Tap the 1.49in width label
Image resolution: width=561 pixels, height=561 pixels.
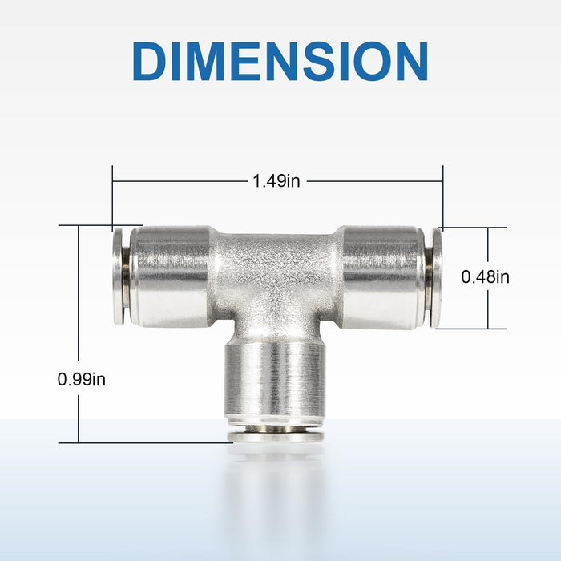[x=276, y=181]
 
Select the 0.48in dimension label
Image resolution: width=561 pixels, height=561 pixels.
[x=486, y=277]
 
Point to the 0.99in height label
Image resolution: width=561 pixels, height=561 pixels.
[x=82, y=379]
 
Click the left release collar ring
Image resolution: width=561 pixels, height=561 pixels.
[x=119, y=276]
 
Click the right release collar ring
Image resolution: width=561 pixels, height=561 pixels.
[x=436, y=277]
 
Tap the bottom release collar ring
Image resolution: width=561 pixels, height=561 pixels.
[x=275, y=435]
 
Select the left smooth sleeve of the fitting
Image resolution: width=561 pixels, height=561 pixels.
[x=170, y=276]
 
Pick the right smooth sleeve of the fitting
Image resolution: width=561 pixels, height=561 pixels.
[x=381, y=277]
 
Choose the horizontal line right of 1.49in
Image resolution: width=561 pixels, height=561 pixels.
[x=373, y=181]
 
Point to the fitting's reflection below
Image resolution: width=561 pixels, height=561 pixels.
[x=275, y=489]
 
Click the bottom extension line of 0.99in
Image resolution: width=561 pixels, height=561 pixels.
[x=144, y=442]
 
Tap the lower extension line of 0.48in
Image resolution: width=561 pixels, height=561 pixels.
[x=473, y=329]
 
